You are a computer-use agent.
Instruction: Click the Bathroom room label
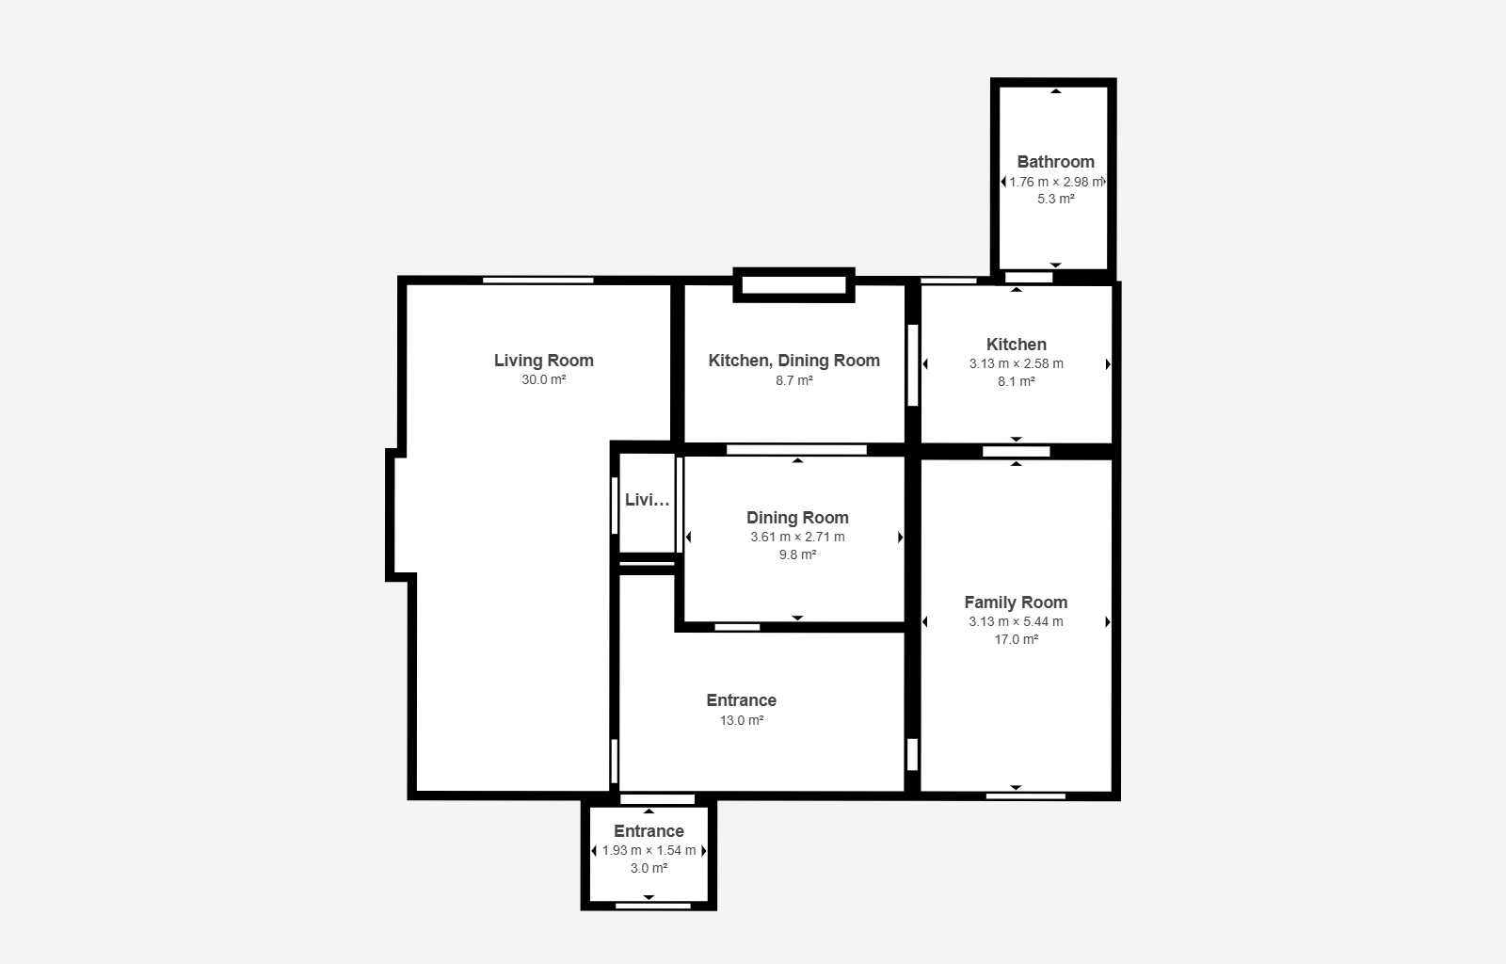1055,162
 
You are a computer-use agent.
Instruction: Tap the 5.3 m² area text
1055,200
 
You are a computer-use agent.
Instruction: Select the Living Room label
543,361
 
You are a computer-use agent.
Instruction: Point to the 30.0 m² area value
543,380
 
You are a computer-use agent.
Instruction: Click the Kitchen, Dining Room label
793,361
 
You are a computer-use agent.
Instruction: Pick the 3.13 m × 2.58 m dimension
1016,363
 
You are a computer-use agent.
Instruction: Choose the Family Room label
1016,602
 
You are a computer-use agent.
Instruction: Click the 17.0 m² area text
1016,639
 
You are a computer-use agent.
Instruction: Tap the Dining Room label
797,518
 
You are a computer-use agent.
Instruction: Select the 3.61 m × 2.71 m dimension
797,537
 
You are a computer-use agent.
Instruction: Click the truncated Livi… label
648,500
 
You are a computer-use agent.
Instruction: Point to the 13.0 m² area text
741,720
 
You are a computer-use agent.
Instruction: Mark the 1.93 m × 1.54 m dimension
649,850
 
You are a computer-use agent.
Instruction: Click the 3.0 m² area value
649,868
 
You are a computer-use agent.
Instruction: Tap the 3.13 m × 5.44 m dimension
1016,621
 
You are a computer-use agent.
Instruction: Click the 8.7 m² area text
793,380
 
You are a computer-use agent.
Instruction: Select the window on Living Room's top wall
538,280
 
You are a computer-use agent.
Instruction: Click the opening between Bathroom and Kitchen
1029,278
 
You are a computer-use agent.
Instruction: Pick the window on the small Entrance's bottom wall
652,906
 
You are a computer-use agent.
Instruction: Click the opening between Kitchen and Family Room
1016,452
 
